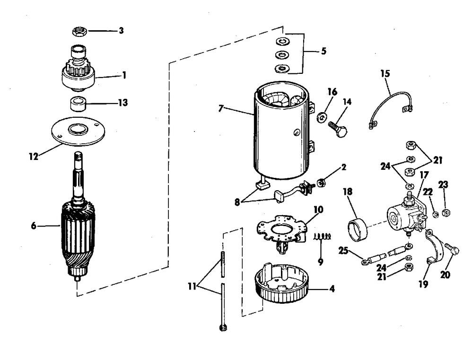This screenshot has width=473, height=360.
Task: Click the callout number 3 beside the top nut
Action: point(121,31)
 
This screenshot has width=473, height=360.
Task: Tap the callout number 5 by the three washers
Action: point(324,50)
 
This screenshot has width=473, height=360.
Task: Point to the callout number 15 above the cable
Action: point(385,74)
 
